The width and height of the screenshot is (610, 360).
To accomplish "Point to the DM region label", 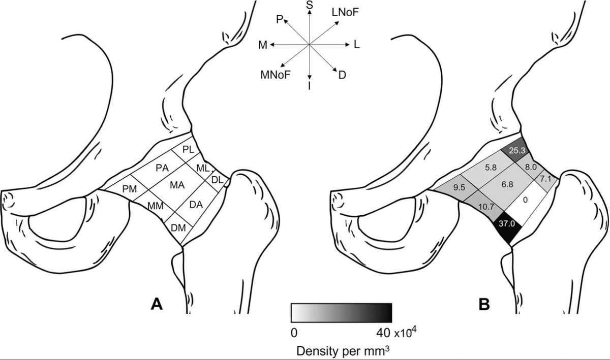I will pyautogui.click(x=178, y=227).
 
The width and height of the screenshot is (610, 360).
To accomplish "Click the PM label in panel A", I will pyautogui.click(x=130, y=189).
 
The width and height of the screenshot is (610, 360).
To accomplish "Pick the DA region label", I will pyautogui.click(x=196, y=204).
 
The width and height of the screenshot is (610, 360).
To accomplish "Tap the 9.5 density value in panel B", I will pyautogui.click(x=460, y=187).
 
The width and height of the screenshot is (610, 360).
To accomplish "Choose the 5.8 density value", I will pyautogui.click(x=491, y=167).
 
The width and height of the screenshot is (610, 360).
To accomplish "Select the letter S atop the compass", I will pyautogui.click(x=309, y=5).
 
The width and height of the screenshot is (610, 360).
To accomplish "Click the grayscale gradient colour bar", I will pyautogui.click(x=341, y=313).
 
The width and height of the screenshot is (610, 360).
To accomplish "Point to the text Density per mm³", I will pyautogui.click(x=341, y=350).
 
